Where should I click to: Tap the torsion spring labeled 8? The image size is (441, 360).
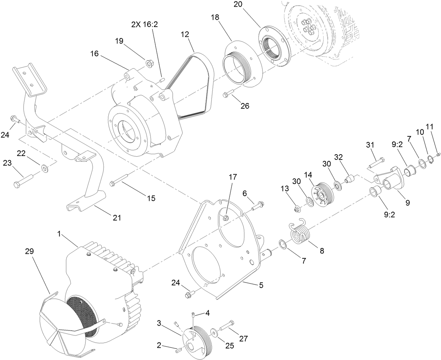pyautogui.click(x=299, y=233)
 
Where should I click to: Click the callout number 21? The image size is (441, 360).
pyautogui.click(x=116, y=218)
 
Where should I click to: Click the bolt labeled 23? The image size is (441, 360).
pyautogui.click(x=22, y=179)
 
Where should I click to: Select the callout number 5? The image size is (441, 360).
pyautogui.click(x=261, y=285)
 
